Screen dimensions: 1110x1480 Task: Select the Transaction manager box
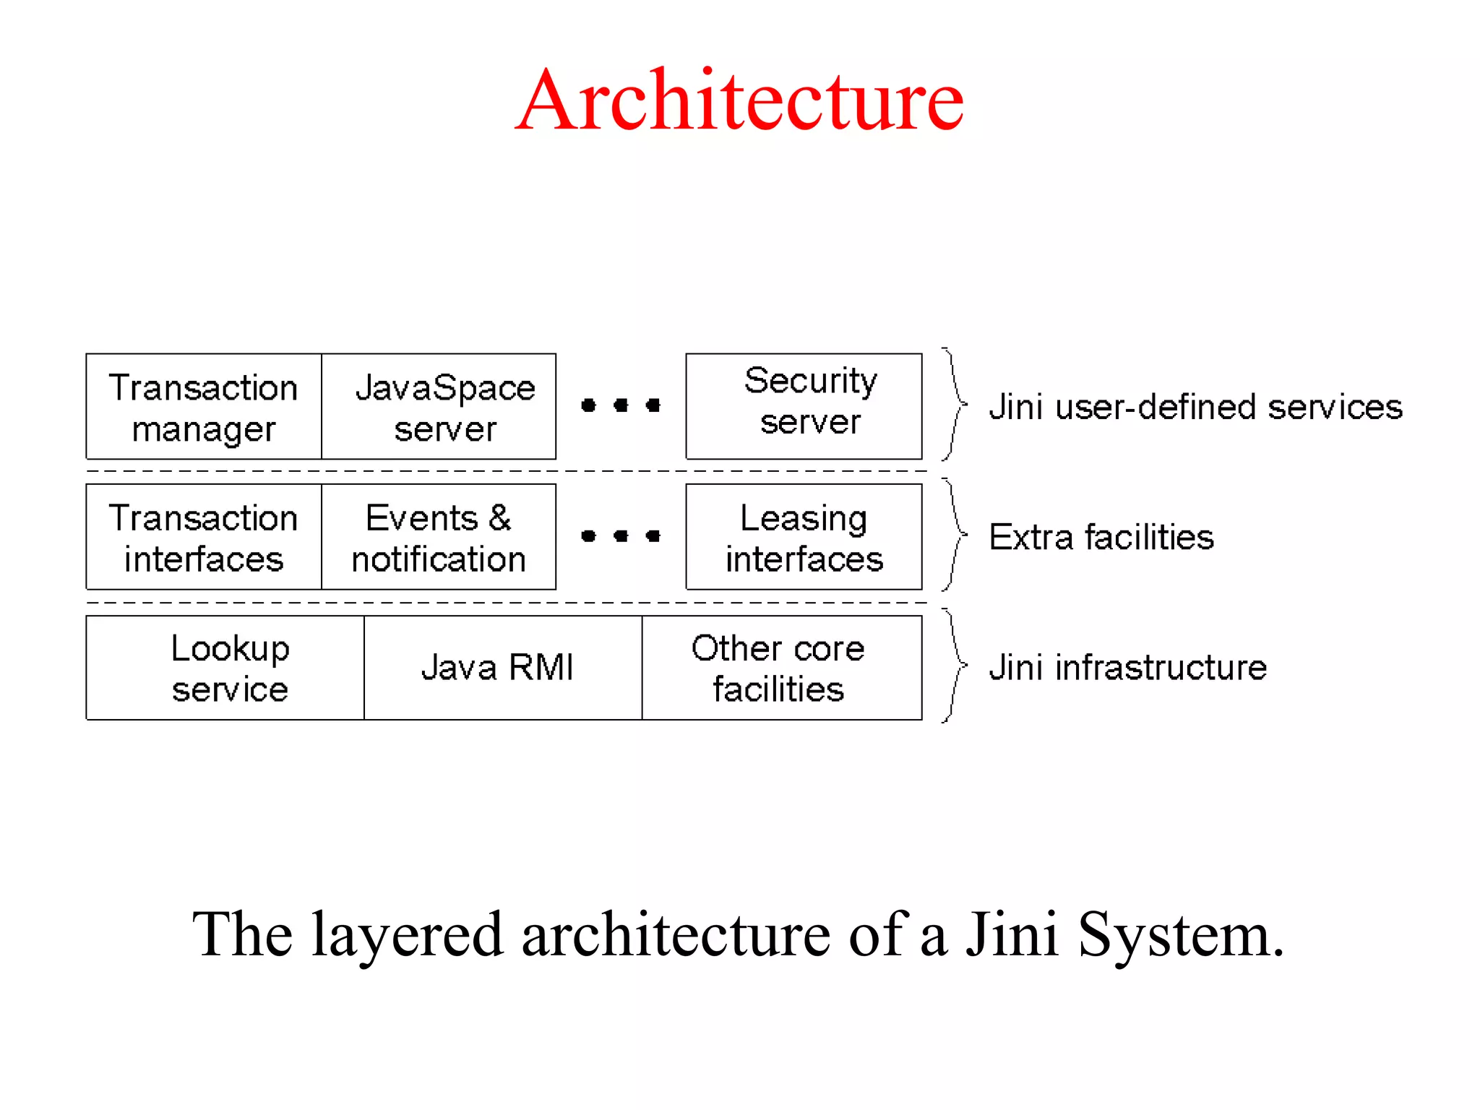point(203,407)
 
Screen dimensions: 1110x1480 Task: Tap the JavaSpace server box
point(439,407)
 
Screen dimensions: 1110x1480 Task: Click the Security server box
point(804,405)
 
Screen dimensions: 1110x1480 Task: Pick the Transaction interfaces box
point(203,538)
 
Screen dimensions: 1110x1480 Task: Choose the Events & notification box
point(439,538)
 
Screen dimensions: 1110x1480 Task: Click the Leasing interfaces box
point(804,538)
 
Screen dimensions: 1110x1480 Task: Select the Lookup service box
point(225,668)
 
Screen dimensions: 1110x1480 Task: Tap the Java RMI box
point(503,668)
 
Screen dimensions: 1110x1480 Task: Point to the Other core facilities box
point(782,668)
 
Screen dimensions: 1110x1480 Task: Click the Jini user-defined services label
point(1195,407)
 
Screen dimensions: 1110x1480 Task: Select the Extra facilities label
point(1101,538)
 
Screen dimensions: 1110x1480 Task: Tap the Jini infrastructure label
point(1127,668)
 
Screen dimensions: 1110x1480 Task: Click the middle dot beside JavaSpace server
point(621,405)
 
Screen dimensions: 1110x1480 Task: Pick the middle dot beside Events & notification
point(621,536)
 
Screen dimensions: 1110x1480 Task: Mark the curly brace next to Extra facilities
point(955,535)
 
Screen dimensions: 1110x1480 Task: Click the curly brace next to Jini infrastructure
point(955,666)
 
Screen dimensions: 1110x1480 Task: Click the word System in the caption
point(1180,934)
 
